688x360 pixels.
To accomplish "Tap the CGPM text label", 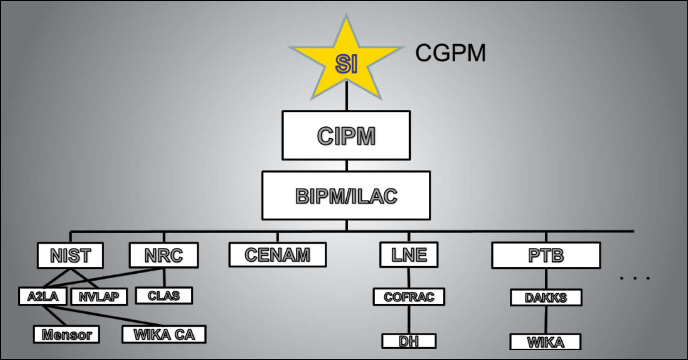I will tap(450, 53).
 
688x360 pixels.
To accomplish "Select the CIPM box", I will tap(346, 135).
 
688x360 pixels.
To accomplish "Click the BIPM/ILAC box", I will tap(346, 196).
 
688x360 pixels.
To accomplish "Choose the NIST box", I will tap(70, 256).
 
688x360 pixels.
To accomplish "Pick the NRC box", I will tap(163, 256).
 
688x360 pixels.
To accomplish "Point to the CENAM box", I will tap(277, 255).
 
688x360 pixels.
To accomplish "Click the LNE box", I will tap(409, 255).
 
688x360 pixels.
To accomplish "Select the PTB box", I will tap(546, 256).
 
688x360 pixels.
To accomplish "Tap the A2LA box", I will tap(43, 296).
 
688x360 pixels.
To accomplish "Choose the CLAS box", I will tap(164, 296).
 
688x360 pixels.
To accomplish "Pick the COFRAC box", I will tap(409, 297).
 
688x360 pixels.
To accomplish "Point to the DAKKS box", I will tap(546, 298).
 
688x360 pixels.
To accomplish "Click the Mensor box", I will tap(66, 334).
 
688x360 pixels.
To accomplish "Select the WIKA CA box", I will tap(164, 334).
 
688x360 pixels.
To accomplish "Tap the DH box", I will tap(409, 341).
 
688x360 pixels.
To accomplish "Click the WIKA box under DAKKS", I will tap(545, 342).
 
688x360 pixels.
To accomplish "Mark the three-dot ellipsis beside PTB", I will tap(635, 278).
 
